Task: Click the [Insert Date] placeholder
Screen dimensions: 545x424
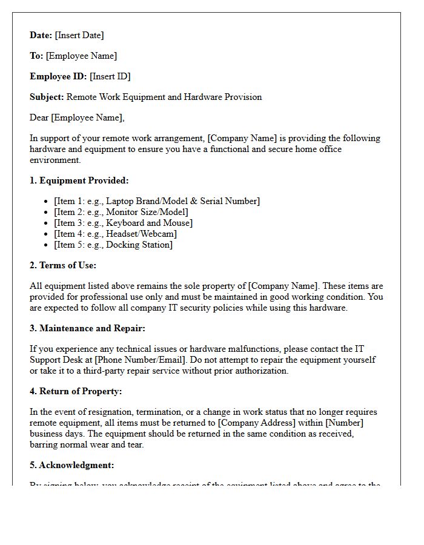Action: [79, 35]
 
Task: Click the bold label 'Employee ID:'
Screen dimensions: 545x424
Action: [58, 76]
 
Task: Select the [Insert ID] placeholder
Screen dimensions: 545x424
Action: [110, 76]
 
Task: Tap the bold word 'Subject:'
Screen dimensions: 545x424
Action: [47, 97]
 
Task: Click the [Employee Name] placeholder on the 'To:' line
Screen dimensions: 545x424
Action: [81, 56]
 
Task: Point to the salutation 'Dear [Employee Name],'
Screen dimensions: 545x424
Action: [77, 117]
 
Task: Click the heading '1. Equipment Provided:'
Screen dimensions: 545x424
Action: [79, 180]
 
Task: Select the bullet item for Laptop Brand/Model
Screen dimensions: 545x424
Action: [156, 201]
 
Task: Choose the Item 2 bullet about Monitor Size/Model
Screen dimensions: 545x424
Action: [121, 212]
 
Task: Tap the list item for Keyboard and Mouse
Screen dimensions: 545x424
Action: [123, 223]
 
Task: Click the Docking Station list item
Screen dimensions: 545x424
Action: [113, 245]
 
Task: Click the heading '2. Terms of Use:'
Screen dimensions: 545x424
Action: [63, 265]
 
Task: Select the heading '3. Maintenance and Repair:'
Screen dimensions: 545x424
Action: [87, 328]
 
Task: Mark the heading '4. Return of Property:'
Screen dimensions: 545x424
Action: [76, 391]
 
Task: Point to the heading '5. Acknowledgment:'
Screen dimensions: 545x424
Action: [71, 465]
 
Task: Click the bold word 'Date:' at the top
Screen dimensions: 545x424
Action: [41, 35]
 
